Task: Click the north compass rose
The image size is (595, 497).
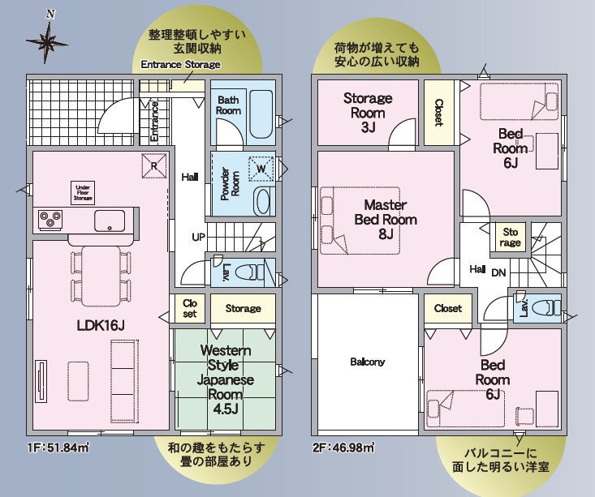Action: tap(47, 41)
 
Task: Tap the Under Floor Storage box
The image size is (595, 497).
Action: tap(83, 193)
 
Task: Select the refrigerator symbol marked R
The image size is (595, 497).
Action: tap(154, 165)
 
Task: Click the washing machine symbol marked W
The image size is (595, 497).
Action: tap(261, 169)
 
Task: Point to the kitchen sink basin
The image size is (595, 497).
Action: tap(110, 221)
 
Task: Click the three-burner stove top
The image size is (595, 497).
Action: tap(50, 220)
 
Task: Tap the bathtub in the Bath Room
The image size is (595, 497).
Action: tap(261, 114)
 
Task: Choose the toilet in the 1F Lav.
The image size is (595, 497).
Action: tap(249, 272)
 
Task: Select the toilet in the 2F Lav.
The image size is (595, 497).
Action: tap(545, 307)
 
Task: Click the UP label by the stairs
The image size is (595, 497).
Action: tap(198, 238)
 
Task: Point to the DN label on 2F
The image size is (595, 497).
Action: tap(498, 272)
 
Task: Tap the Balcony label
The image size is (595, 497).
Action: tap(368, 362)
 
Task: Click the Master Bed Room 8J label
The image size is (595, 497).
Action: tap(386, 220)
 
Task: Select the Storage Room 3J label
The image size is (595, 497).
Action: tap(368, 113)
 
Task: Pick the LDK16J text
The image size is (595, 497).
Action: tap(101, 325)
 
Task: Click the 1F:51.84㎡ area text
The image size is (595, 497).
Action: tap(58, 448)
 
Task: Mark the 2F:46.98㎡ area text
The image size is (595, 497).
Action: tap(344, 448)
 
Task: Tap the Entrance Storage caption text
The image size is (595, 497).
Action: tap(181, 64)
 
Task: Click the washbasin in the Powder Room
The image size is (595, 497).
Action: tap(262, 201)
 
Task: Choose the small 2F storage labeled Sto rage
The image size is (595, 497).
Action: tap(510, 237)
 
